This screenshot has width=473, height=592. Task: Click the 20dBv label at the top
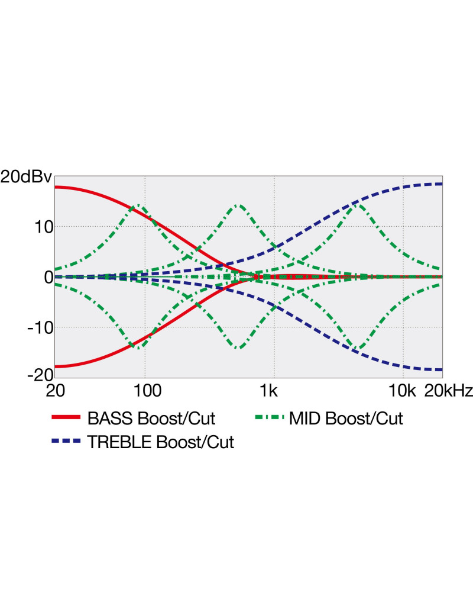point(26,177)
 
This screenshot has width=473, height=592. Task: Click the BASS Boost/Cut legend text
point(151,419)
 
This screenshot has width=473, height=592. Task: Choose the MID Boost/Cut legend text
point(346,419)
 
